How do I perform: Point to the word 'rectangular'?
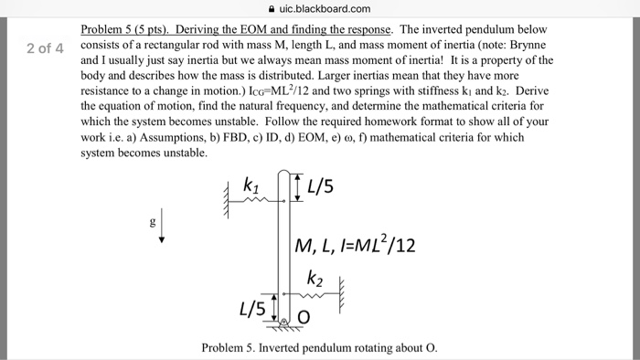tap(189, 44)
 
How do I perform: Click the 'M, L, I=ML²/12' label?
tap(356, 244)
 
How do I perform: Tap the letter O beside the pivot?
tap(304, 317)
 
